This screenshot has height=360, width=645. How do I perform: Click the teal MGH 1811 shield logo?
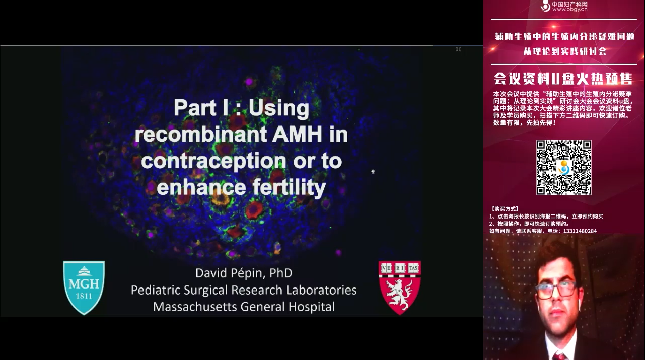[84, 287]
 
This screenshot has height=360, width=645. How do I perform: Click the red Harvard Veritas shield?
[400, 287]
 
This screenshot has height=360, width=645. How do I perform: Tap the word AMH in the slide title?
[297, 134]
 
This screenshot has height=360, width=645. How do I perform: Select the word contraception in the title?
[213, 161]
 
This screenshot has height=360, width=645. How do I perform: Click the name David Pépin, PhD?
[244, 273]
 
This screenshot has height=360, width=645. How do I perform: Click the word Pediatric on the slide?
[156, 290]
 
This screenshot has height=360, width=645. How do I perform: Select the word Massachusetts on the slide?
[195, 307]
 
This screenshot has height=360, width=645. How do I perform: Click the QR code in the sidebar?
[564, 168]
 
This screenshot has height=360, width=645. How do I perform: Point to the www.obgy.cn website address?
[570, 9]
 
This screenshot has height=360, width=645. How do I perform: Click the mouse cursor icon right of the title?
[373, 171]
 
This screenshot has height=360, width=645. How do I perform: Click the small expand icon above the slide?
[458, 49]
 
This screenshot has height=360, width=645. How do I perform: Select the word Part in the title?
[195, 108]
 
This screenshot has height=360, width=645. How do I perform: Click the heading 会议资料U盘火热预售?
[563, 79]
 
